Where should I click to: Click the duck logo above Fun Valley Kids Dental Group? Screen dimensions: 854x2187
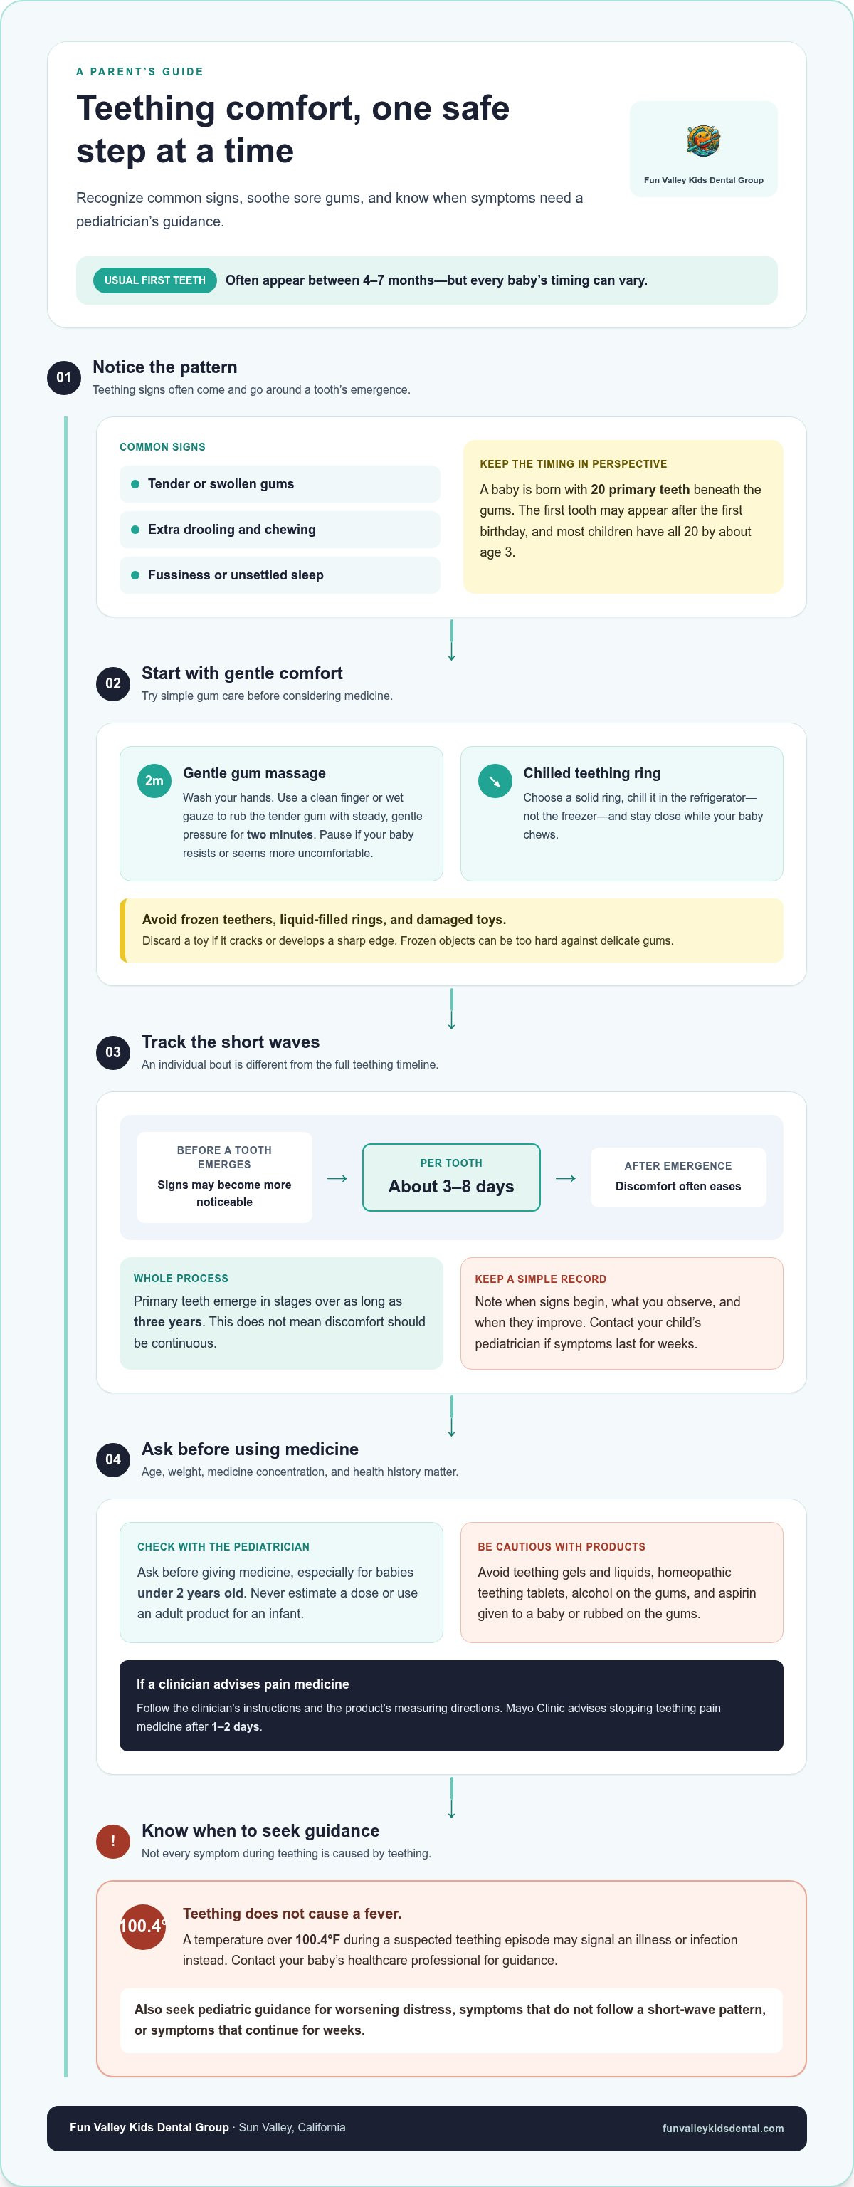pyautogui.click(x=703, y=140)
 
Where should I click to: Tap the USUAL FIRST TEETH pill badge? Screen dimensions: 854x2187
pyautogui.click(x=154, y=280)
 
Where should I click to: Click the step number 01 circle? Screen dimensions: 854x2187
pyautogui.click(x=63, y=377)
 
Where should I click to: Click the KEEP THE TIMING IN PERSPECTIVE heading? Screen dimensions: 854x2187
pyautogui.click(x=573, y=463)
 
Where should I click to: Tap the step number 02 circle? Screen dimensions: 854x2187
pyautogui.click(x=113, y=683)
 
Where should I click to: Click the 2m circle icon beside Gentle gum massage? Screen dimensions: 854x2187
pyautogui.click(x=154, y=781)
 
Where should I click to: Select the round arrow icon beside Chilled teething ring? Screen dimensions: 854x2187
pyautogui.click(x=495, y=781)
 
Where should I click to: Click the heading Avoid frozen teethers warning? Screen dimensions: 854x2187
pyautogui.click(x=323, y=920)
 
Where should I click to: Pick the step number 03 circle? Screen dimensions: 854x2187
pyautogui.click(x=113, y=1053)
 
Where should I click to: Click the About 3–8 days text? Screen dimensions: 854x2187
pyautogui.click(x=450, y=1186)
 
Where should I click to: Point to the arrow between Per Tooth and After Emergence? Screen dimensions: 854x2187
pyautogui.click(x=565, y=1178)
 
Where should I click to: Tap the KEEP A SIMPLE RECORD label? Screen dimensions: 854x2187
pyautogui.click(x=540, y=1279)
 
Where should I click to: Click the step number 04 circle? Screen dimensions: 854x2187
pyautogui.click(x=113, y=1459)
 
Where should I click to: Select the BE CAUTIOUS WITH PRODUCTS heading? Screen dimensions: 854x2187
pyautogui.click(x=561, y=1547)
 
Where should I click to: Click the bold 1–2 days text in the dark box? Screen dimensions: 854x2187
pyautogui.click(x=235, y=1727)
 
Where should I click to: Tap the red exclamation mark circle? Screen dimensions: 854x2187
pyautogui.click(x=113, y=1842)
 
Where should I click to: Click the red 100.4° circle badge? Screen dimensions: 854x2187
pyautogui.click(x=142, y=1926)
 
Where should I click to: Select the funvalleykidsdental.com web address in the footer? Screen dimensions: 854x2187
pyautogui.click(x=722, y=2129)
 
